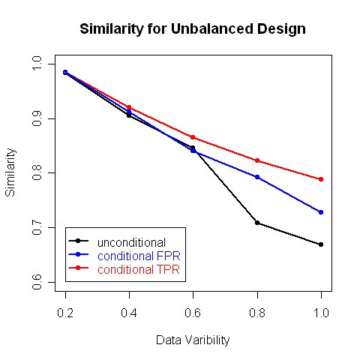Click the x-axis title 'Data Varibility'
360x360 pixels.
click(x=193, y=340)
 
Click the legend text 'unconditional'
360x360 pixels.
click(x=131, y=242)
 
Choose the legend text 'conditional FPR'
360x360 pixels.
click(x=139, y=255)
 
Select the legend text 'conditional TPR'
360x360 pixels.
click(x=139, y=268)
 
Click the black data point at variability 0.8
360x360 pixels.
click(x=257, y=223)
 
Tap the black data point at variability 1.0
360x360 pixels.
click(x=321, y=244)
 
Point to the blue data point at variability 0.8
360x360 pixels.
click(x=257, y=177)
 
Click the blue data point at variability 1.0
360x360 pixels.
click(x=321, y=212)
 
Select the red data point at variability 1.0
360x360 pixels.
click(x=321, y=179)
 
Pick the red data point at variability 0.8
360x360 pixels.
click(x=257, y=160)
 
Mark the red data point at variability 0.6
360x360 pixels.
click(x=193, y=137)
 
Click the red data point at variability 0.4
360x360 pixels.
click(x=129, y=107)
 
